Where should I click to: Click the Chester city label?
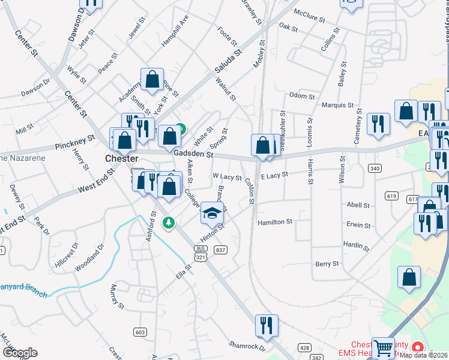121,159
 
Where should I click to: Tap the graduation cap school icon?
211,212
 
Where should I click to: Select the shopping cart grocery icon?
383,347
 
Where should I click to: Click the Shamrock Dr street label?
247,346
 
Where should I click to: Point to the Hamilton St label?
274,222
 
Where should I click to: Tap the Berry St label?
327,264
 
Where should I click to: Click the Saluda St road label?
228,62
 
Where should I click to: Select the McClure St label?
309,16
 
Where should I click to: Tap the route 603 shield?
140,332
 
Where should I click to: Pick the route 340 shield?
375,169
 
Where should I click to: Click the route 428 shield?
305,347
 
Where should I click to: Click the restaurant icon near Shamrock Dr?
267,325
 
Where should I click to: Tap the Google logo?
20,353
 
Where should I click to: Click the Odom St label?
302,96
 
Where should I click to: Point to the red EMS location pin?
418,347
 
